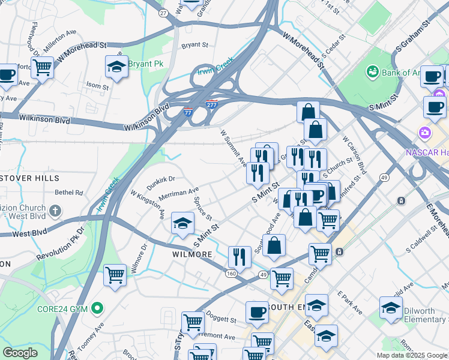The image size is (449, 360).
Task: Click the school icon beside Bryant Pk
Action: tap(116, 67)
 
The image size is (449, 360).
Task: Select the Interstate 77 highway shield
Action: tap(188, 112)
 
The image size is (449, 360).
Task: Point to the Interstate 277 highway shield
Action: tap(211, 104)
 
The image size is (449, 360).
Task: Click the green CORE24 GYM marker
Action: tap(97, 309)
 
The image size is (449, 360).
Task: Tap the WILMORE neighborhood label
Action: tap(192, 254)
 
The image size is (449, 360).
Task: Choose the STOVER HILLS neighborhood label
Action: tap(29, 178)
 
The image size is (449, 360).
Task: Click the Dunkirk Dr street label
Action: tap(160, 179)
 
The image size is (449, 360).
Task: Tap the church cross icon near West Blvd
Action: tap(55, 211)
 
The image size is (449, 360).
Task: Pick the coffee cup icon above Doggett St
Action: tap(257, 312)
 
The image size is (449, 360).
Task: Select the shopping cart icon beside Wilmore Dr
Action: tap(115, 275)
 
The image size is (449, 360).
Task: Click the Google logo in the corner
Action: tap(20, 353)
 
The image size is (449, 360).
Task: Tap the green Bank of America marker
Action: tap(372, 73)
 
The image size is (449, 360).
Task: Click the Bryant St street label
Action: tap(194, 44)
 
